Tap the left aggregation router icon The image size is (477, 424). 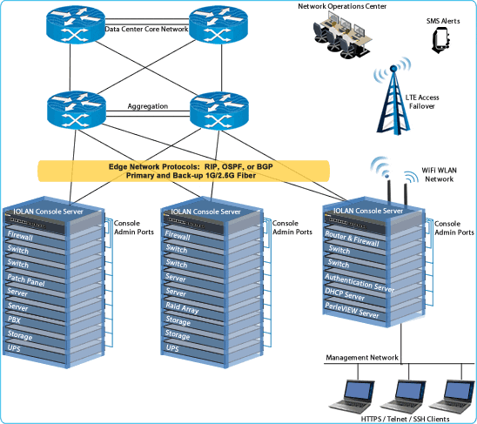click(73, 109)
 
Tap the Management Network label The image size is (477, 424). click(362, 358)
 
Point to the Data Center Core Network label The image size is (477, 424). click(146, 29)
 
